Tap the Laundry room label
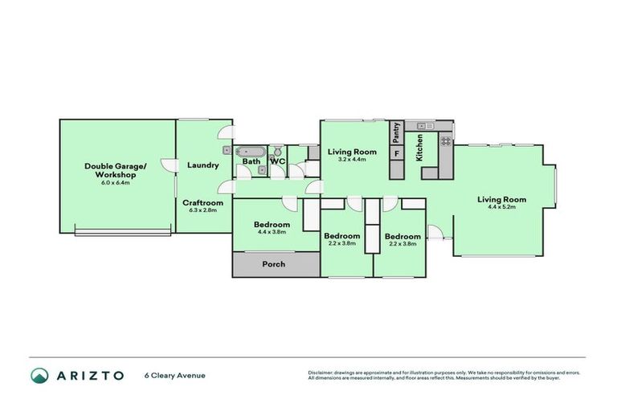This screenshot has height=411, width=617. (x=202, y=165)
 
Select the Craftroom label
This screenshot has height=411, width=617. (x=202, y=202)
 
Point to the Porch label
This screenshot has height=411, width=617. (x=273, y=264)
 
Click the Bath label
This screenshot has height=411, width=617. (x=251, y=161)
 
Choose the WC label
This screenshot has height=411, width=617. (x=277, y=161)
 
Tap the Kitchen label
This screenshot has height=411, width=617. (x=419, y=149)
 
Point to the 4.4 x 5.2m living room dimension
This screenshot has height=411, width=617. (x=501, y=207)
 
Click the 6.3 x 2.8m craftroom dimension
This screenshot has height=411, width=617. (x=202, y=210)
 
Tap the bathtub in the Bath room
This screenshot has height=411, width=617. (x=251, y=150)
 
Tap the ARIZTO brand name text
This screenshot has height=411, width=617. (x=89, y=375)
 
